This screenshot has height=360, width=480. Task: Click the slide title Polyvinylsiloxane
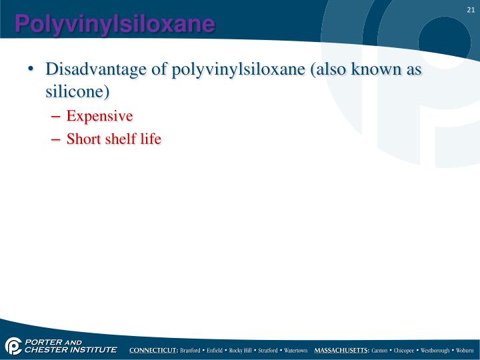[x=115, y=24]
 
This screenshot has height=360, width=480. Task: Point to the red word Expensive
[x=99, y=116]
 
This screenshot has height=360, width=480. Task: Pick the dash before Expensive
[x=55, y=117]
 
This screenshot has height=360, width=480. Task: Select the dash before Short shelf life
[x=55, y=139]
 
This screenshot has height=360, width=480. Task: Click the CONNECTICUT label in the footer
[x=153, y=350]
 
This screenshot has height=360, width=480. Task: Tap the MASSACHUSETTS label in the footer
[x=341, y=350]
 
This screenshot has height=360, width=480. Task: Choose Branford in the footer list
[x=192, y=350]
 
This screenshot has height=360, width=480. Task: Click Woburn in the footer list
[x=465, y=350]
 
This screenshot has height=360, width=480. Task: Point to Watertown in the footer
[x=293, y=350]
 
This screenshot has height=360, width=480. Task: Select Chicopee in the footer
[x=404, y=350]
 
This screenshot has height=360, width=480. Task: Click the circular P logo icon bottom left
[x=13, y=346]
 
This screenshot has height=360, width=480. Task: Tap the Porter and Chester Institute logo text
[x=70, y=346]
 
